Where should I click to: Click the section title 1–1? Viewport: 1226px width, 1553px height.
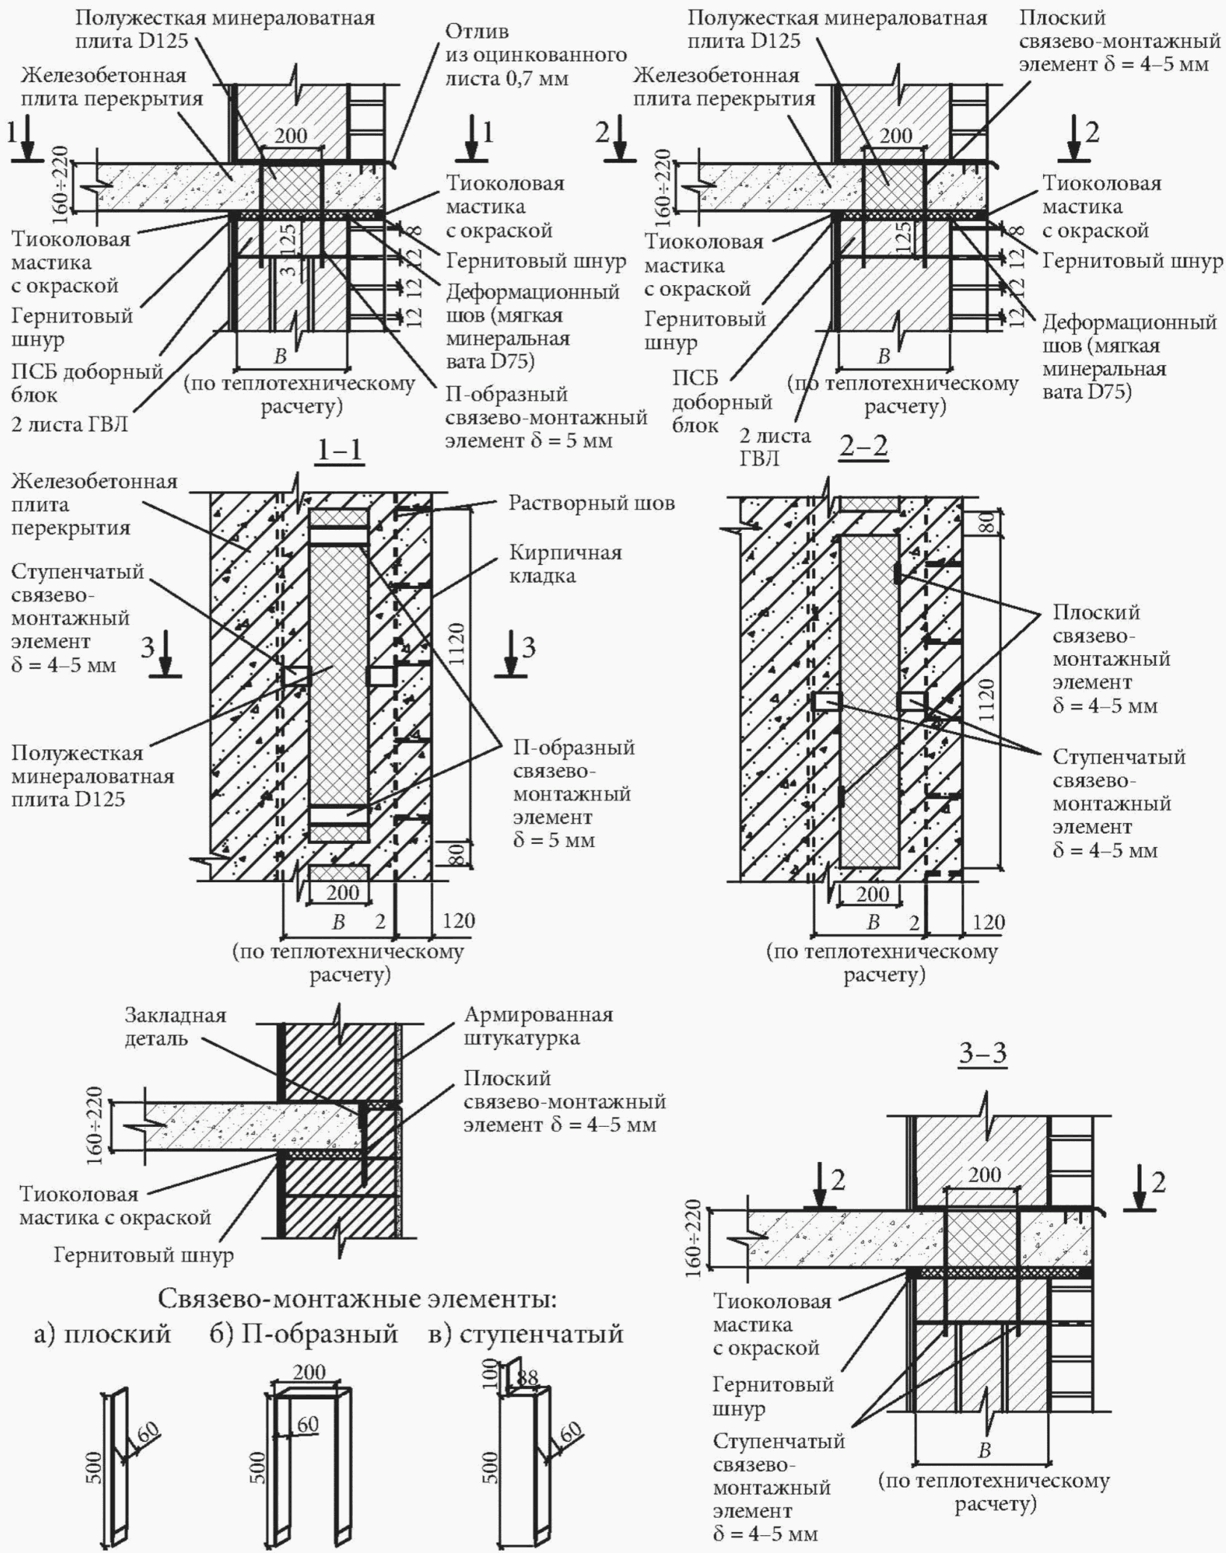340,451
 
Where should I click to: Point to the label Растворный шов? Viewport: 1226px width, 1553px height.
592,503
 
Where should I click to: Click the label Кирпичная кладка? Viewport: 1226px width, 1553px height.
566,564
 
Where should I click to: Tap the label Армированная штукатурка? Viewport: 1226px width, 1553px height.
538,1026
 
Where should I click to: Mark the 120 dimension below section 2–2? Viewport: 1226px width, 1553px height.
989,922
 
